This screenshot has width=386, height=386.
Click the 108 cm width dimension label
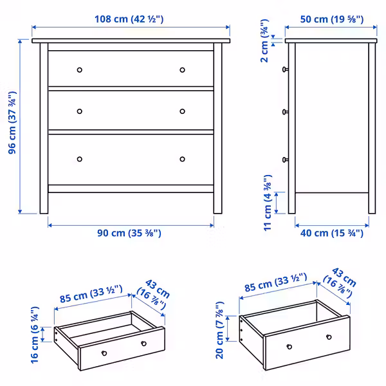click(x=131, y=19)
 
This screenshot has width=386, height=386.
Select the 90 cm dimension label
click(x=129, y=233)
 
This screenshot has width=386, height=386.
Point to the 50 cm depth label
click(x=331, y=19)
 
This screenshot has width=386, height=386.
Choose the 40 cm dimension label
click(x=331, y=233)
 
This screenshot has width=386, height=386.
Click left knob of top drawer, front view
click(x=80, y=69)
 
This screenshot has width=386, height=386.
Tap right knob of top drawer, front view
click(x=182, y=69)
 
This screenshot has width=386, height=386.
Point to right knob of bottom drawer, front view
click(x=182, y=159)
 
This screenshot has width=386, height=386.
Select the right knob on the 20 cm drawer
click(x=329, y=337)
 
